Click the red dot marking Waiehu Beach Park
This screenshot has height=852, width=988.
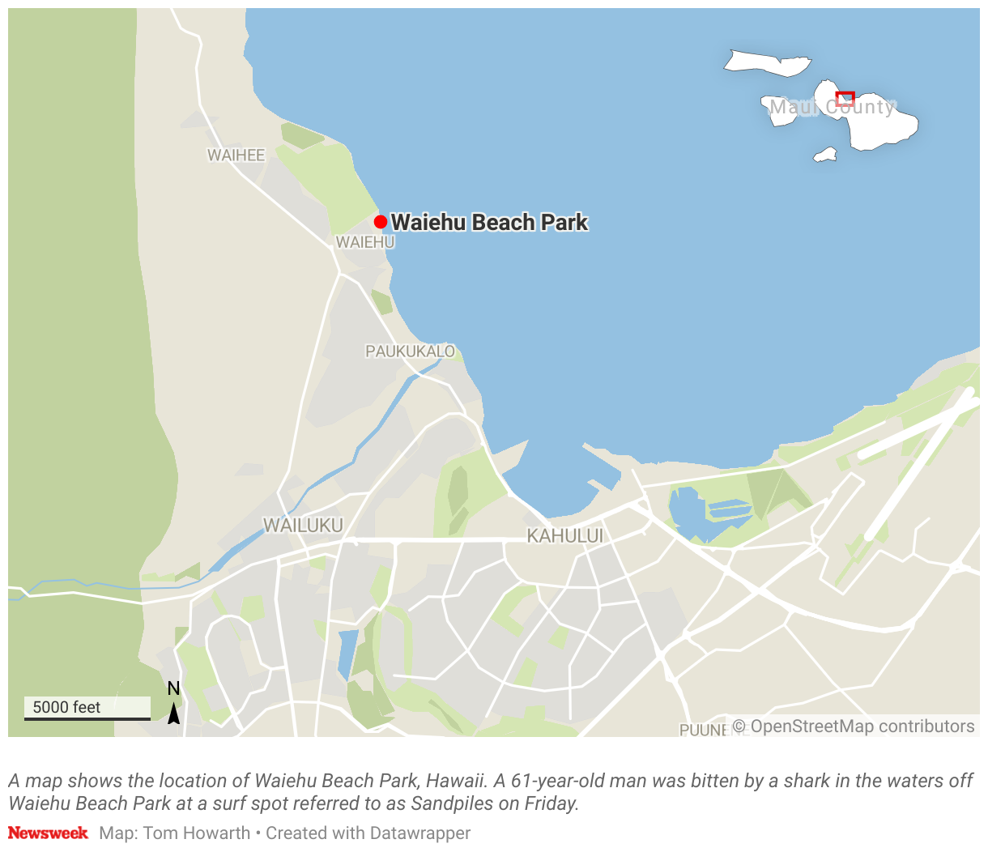[x=380, y=222]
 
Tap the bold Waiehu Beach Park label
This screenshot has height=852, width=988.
[x=489, y=222]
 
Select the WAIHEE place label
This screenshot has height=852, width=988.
[x=236, y=155]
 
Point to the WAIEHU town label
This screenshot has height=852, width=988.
[x=365, y=242]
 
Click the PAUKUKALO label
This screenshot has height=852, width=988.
[x=410, y=351]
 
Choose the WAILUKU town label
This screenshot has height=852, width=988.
[x=303, y=525]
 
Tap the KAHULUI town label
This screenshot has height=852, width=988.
[x=564, y=535]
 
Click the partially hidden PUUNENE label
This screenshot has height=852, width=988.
[x=703, y=730]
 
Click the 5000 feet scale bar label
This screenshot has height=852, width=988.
[x=66, y=707]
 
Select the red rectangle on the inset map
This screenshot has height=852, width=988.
[x=845, y=98]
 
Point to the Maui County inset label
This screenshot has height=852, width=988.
[x=832, y=107]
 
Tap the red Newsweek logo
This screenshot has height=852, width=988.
[x=48, y=833]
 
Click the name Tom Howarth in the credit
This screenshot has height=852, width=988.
[x=197, y=833]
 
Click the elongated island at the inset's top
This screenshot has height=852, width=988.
[x=767, y=62]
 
